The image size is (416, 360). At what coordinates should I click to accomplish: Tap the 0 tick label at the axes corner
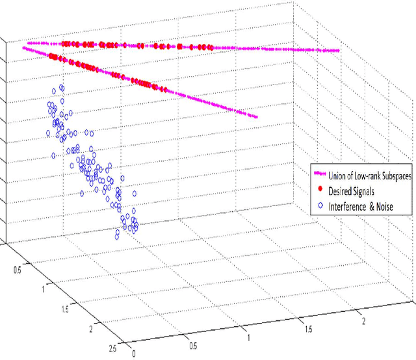[x=133, y=354]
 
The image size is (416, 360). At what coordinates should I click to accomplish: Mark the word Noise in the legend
[x=396, y=207]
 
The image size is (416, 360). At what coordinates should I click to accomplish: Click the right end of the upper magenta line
[x=339, y=51]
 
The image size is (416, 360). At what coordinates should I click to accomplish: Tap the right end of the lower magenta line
[x=258, y=118]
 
